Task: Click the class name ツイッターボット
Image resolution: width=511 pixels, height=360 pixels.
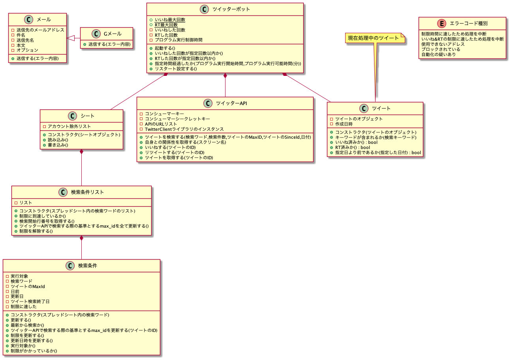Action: coord(231,9)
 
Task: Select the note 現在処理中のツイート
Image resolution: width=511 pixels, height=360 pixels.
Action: coord(374,38)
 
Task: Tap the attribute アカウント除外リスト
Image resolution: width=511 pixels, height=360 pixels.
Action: coord(69,126)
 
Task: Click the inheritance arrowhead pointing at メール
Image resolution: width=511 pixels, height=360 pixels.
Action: coord(70,38)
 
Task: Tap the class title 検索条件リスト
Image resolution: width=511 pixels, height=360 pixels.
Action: coord(87,192)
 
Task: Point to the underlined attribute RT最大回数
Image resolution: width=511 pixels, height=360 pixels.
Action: coord(166,25)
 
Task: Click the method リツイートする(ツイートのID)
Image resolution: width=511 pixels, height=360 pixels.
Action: coord(175,153)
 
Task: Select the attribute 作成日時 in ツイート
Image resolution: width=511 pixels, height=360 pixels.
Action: coord(344,124)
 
